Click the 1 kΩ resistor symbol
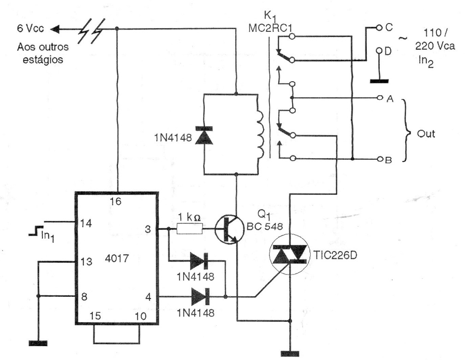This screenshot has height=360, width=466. point(190,228)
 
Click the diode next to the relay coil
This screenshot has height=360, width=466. point(206,134)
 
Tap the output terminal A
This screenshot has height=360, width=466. point(379,98)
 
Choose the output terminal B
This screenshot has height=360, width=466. point(379,160)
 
